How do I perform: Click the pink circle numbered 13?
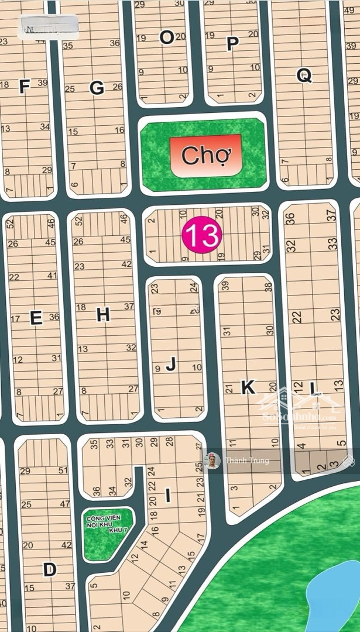(x=202, y=235)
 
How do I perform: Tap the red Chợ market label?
(x=206, y=156)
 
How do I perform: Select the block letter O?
(x=167, y=37)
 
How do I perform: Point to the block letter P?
(x=232, y=44)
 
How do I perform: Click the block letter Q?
(x=304, y=75)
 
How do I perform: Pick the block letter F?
(x=24, y=87)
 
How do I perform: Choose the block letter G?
(x=97, y=88)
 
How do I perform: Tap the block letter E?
(x=36, y=318)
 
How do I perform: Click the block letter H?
(x=103, y=315)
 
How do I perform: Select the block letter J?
(x=170, y=365)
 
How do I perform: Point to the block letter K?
(x=248, y=386)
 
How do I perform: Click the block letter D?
(x=50, y=569)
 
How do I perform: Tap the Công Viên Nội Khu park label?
(x=106, y=524)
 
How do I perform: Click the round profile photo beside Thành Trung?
(x=212, y=461)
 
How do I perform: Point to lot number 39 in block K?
(x=225, y=286)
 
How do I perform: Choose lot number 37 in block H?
(x=129, y=306)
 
